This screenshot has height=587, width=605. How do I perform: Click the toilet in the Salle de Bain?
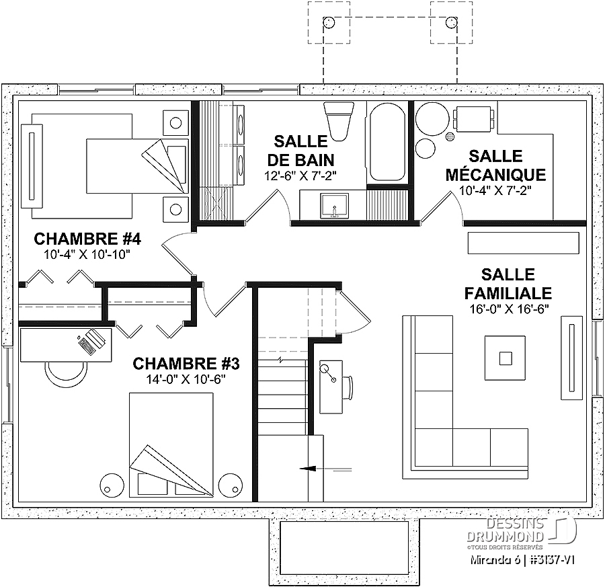pos(339,121)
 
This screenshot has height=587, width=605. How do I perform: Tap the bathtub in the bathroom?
pos(387,143)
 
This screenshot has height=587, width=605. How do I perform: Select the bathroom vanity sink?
pos(334,206)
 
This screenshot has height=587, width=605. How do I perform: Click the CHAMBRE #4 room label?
pos(87,239)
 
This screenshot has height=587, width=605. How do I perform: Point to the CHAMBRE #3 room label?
pos(186,364)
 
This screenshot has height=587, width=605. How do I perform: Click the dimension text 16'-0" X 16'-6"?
pos(510,309)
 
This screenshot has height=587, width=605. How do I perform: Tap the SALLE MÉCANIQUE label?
pos(496,165)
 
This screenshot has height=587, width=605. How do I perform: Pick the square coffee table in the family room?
pos(506,358)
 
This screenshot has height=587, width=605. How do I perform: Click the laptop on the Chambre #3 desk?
pos(91,340)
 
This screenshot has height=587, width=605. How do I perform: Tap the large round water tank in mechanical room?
pos(432,118)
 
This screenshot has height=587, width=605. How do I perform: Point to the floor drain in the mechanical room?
pos(450,136)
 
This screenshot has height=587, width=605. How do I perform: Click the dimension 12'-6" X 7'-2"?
pos(300,176)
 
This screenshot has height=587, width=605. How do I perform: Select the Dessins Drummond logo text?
pos(506,530)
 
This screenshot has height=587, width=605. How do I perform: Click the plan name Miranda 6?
pos(495,560)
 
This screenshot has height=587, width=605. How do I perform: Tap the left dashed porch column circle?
pos(329,22)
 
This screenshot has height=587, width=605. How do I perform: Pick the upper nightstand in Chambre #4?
pos(175,123)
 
